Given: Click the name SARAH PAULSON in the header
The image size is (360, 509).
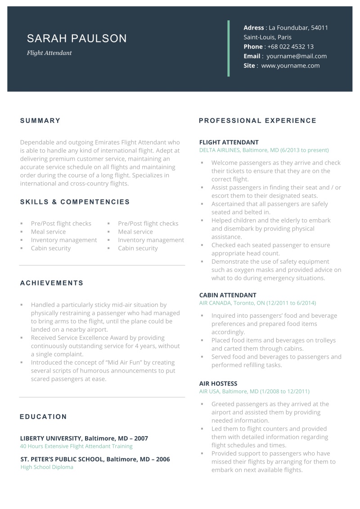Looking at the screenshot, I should (x=77, y=39).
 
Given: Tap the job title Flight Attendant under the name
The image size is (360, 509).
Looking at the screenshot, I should (x=49, y=53).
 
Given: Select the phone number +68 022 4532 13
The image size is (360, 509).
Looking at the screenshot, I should (x=290, y=46).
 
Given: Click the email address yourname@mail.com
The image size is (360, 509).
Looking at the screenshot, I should (x=297, y=56).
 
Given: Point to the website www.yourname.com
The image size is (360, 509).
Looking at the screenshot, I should (x=290, y=66).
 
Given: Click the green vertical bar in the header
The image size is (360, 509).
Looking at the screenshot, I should (x=229, y=48).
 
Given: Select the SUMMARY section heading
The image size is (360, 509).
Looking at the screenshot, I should (x=40, y=121).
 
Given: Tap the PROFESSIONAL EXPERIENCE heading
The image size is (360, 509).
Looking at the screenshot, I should (x=257, y=121).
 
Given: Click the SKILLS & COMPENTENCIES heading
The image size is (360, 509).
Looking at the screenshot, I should (x=75, y=202).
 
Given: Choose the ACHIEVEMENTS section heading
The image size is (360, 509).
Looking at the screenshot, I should (x=52, y=283).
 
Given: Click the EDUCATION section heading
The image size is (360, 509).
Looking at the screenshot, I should (x=43, y=417).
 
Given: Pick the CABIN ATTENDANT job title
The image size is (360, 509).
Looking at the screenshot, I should (x=228, y=295).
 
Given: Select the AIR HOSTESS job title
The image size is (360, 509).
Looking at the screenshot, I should (x=218, y=384).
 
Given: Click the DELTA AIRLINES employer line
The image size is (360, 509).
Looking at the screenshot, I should (x=264, y=150).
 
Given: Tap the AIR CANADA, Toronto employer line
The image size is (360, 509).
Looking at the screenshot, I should (x=257, y=303).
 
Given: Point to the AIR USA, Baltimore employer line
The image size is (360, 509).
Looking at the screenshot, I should (x=254, y=392).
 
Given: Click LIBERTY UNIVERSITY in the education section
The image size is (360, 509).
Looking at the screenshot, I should (x=50, y=438).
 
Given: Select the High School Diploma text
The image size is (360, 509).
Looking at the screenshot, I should (x=47, y=467).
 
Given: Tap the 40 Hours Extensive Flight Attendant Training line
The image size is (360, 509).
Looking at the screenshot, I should (x=76, y=446).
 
